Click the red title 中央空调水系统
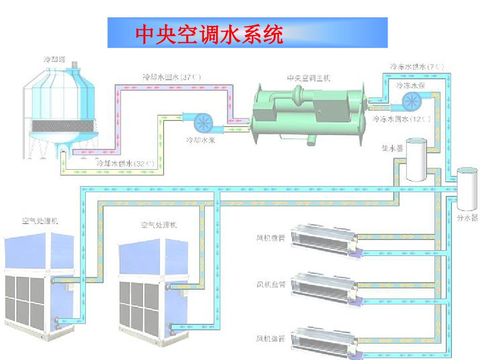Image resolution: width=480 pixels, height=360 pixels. [209, 34]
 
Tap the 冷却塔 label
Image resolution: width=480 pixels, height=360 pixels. [55, 60]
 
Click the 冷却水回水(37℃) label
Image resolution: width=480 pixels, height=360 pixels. [172, 76]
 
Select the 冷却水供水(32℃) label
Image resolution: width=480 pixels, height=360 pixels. [125, 164]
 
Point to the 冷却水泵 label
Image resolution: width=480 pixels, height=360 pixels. [201, 140]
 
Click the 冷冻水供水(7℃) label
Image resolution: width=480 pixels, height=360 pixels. [417, 67]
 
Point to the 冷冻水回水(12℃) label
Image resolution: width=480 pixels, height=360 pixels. [402, 119]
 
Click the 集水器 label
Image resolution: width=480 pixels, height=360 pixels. [393, 149]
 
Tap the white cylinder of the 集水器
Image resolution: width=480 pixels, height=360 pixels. [416, 159]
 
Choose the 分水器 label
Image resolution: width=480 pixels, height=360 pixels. [467, 218]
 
